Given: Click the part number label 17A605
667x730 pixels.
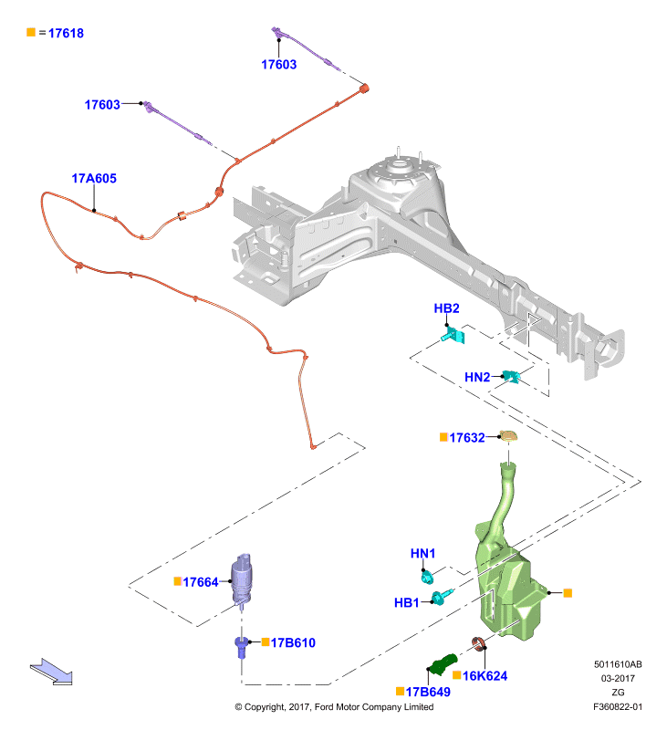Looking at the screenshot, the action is point(94,178).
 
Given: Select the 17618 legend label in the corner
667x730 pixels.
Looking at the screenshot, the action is point(66,33).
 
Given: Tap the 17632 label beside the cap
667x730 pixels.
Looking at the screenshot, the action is point(467,438).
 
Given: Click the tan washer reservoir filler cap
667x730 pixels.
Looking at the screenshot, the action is point(508,436).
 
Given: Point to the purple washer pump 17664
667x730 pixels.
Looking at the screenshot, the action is point(242,579).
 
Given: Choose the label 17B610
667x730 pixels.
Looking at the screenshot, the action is point(293,643).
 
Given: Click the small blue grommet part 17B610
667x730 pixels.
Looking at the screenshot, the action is point(241,647).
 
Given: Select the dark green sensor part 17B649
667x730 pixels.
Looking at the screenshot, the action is point(443,664).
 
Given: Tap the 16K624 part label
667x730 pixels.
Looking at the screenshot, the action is point(485,676).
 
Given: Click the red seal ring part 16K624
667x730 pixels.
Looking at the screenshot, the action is point(479,643).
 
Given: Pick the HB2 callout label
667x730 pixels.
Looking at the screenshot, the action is point(446,308).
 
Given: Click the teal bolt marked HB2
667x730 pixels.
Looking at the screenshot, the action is point(453,335).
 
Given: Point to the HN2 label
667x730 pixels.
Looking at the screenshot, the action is point(477,377).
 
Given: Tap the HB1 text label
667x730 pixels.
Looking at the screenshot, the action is point(406,603).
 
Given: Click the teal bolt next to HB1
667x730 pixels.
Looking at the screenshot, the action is point(442,597).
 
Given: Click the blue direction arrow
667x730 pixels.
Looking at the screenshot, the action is point(51,672).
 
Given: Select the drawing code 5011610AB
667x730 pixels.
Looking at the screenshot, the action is point(618,664).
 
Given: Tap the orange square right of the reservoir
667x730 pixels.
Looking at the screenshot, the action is point(568,592).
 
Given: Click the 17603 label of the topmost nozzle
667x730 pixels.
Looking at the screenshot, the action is point(279,64).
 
